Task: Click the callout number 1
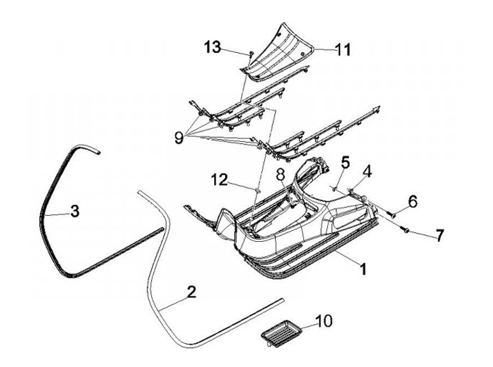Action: point(362,269)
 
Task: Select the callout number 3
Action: point(75,212)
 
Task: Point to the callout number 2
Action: point(191,292)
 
